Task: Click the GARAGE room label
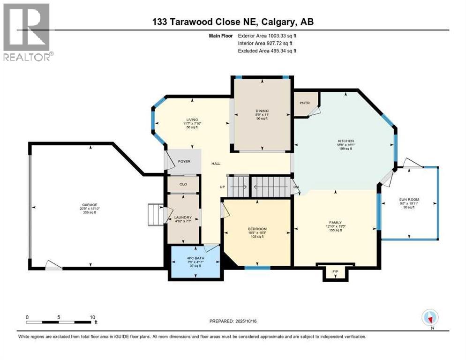(90, 205)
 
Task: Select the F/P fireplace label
(335, 272)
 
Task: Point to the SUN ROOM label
(408, 199)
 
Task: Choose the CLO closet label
(183, 184)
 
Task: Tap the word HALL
(216, 164)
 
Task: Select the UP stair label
(223, 187)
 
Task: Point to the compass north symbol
(430, 318)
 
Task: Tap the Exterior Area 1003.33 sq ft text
(268, 35)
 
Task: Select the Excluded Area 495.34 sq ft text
(268, 51)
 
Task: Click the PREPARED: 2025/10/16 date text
(237, 321)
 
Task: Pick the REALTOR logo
(27, 31)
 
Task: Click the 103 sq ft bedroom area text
(257, 237)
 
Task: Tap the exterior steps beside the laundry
(155, 215)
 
